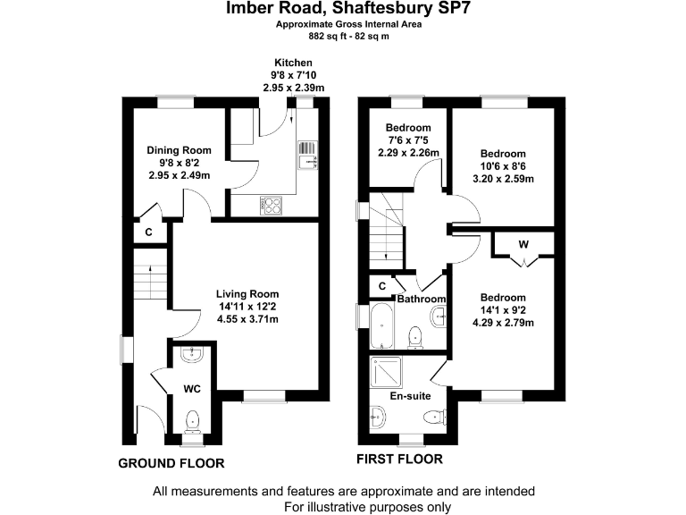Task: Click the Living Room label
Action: coord(248,294)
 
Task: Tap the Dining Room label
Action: coord(179,150)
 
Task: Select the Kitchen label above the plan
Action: coord(293,62)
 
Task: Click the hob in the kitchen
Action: coord(270,205)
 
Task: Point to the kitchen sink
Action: coord(307,154)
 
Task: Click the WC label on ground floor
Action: coord(192,389)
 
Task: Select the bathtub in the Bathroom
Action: coord(383,326)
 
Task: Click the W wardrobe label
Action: coord(523,243)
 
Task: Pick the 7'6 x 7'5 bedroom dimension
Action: coord(408,140)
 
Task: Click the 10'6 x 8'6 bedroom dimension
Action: coord(503,166)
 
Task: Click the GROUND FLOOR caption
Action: coord(171,462)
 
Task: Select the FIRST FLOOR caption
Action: coord(399,460)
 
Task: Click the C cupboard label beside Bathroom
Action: coord(382,286)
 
